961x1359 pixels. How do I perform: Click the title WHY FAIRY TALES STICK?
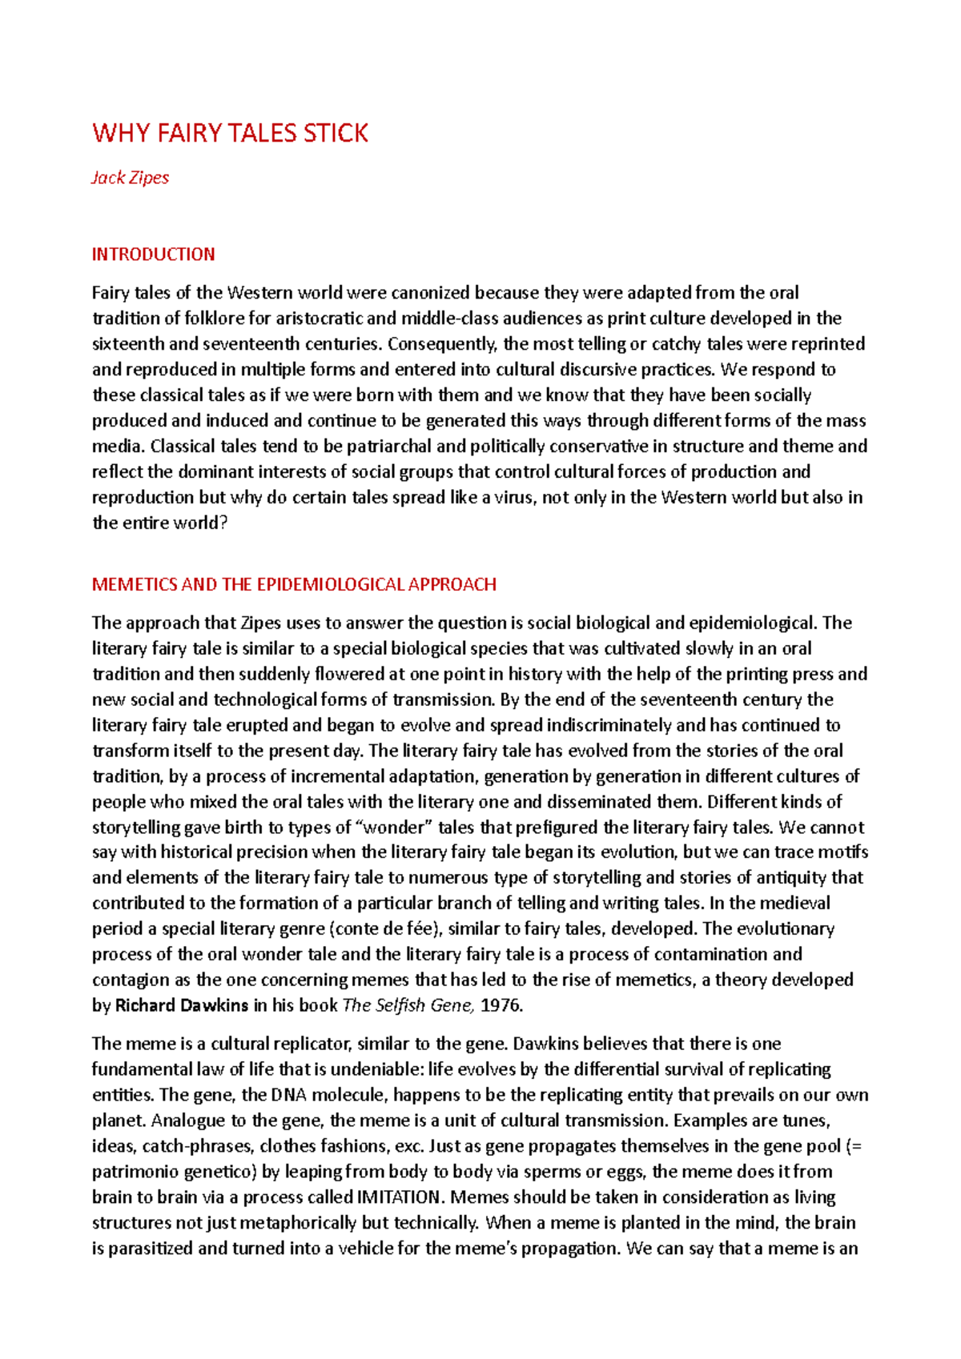tap(230, 133)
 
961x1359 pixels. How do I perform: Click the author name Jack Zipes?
tap(130, 178)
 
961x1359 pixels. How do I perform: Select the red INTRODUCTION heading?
tap(153, 255)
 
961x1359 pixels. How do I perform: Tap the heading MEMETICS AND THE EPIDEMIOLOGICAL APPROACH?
tap(294, 584)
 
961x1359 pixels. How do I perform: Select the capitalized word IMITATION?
tap(398, 1197)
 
